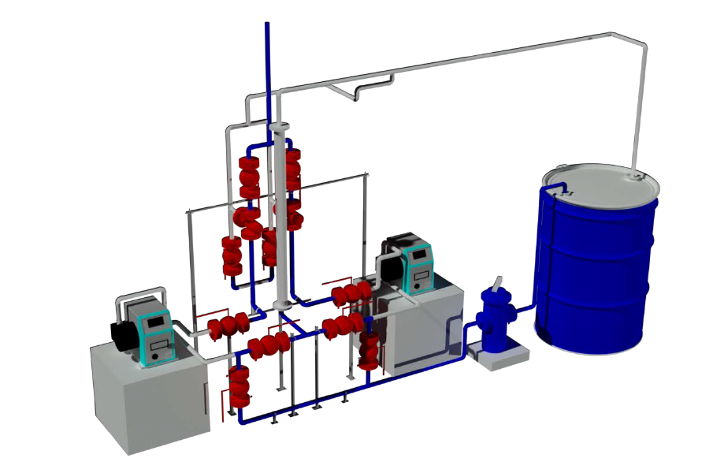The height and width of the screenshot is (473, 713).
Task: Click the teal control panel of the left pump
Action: point(154,334)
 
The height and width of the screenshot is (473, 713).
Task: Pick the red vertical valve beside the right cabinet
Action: point(368,347)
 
